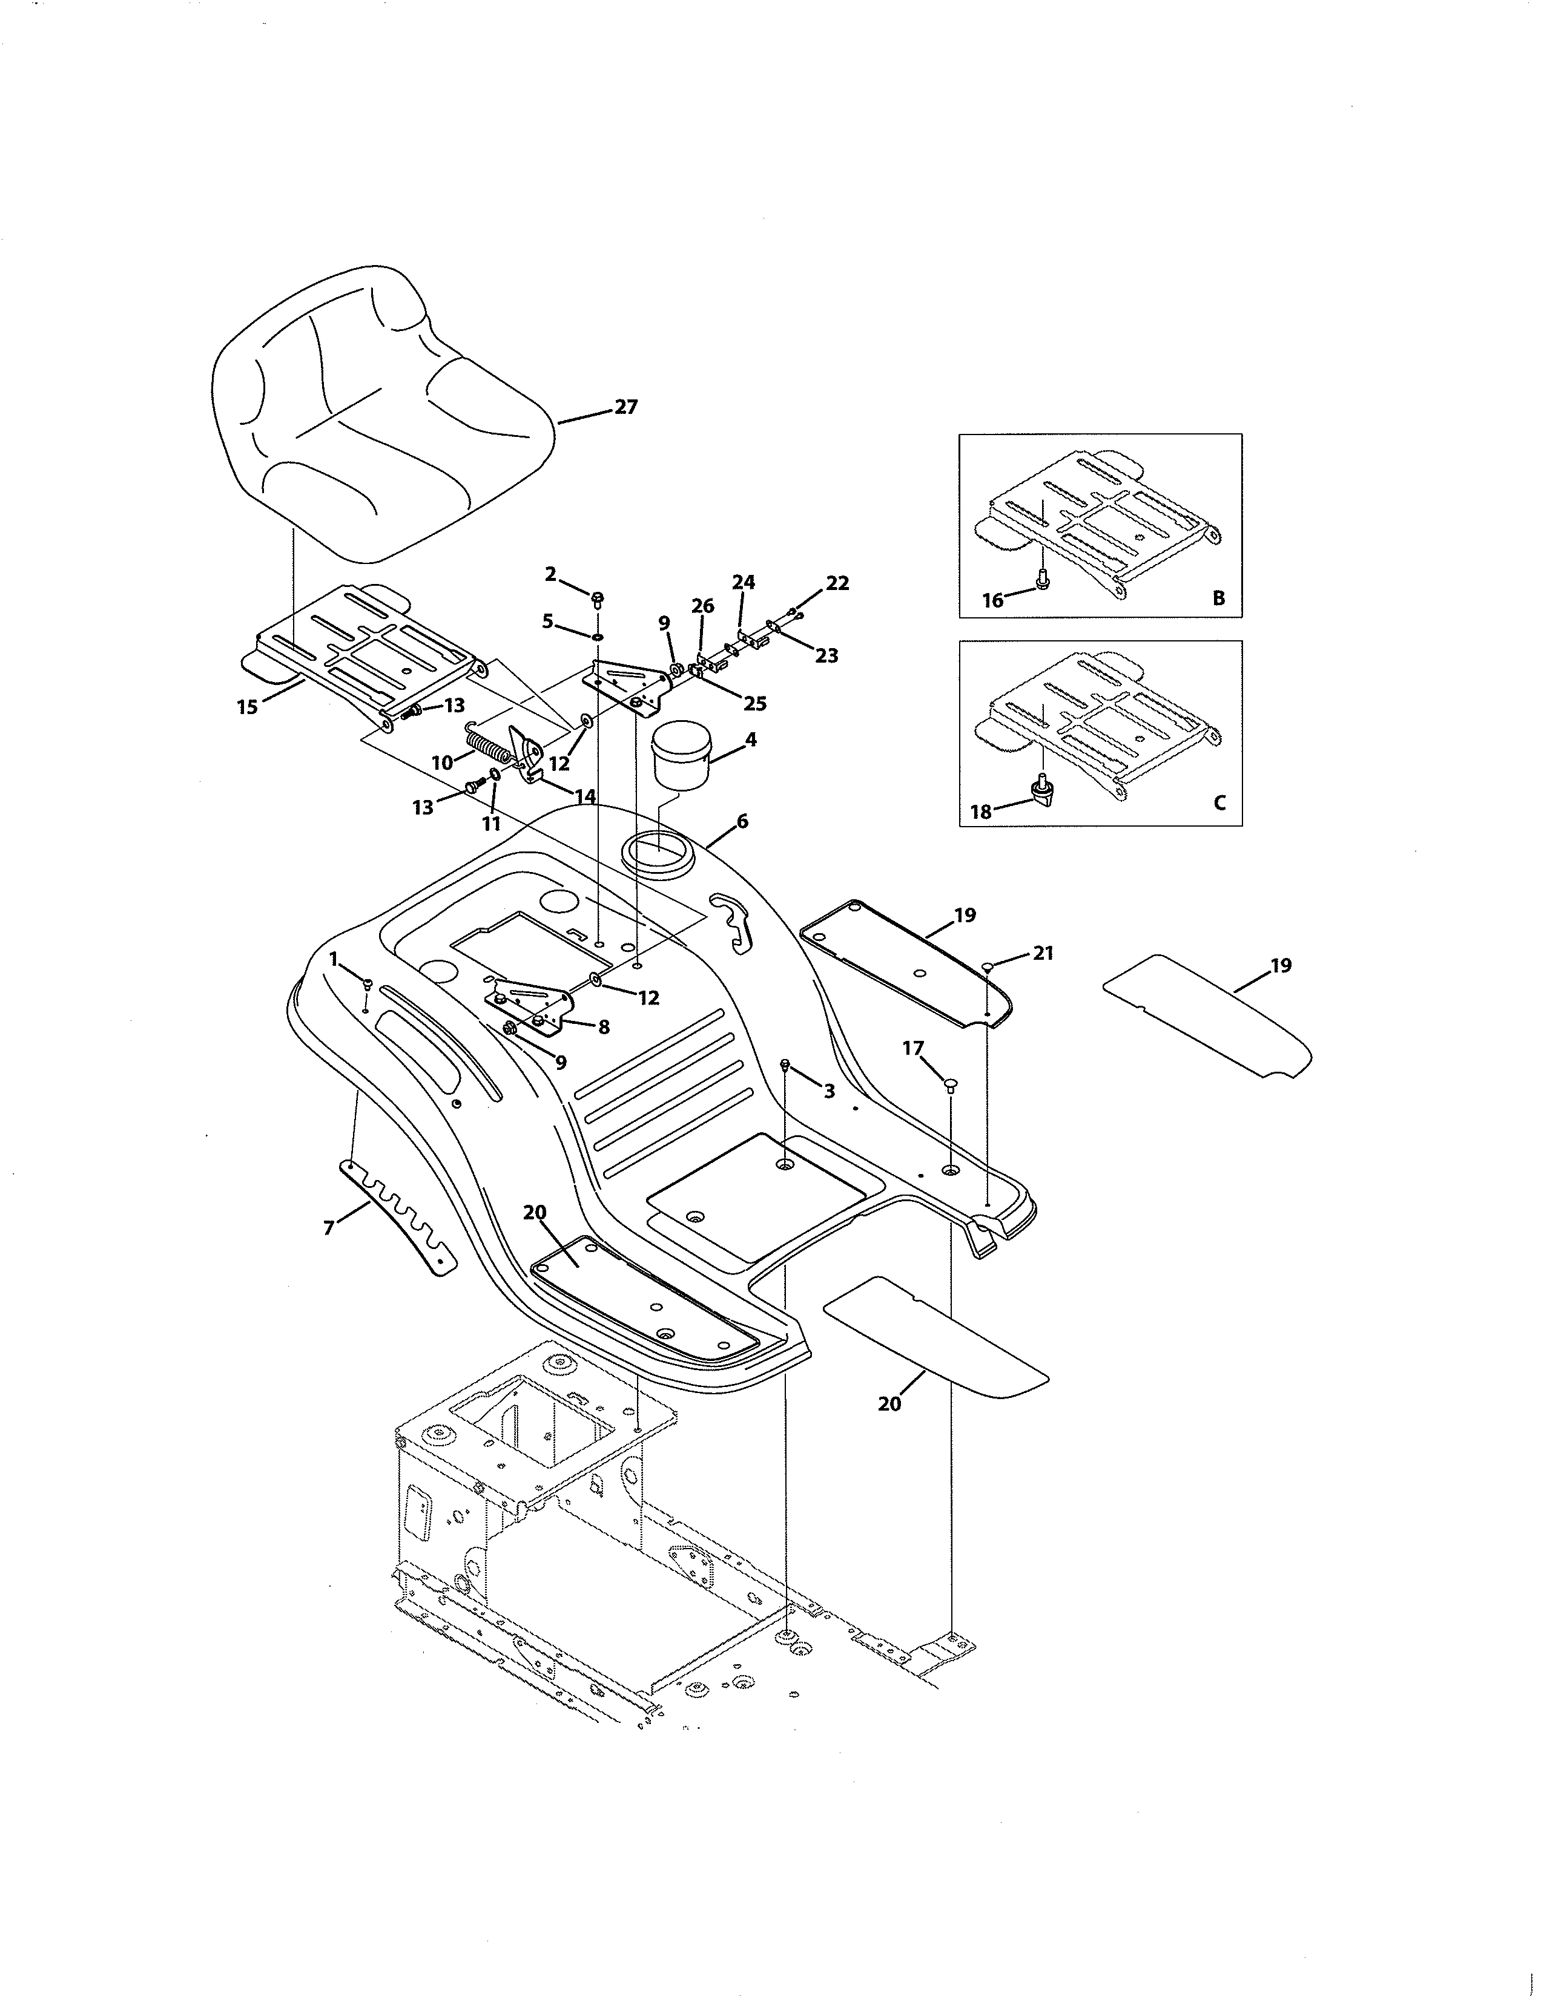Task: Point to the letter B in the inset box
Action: click(1218, 599)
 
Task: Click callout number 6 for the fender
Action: click(742, 821)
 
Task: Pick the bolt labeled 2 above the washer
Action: click(597, 599)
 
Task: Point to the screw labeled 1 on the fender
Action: click(366, 985)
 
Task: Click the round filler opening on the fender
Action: click(658, 852)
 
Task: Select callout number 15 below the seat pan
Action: click(247, 707)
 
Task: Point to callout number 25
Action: click(754, 703)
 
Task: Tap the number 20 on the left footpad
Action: click(534, 1213)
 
